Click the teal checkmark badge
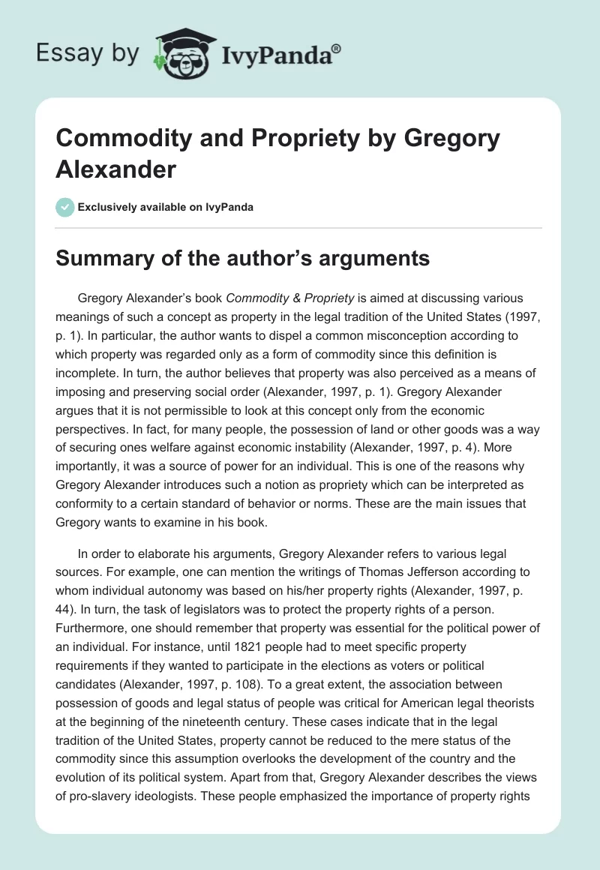tap(64, 207)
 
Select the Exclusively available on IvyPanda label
tap(166, 207)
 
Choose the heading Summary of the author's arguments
tap(242, 259)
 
